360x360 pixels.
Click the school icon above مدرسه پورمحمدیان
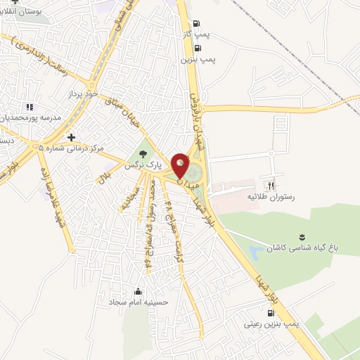point(30,107)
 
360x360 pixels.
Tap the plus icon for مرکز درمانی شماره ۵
point(70,137)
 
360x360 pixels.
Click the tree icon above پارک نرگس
point(144,154)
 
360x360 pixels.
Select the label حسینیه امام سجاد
point(137,303)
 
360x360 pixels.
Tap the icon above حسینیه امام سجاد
point(138,292)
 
